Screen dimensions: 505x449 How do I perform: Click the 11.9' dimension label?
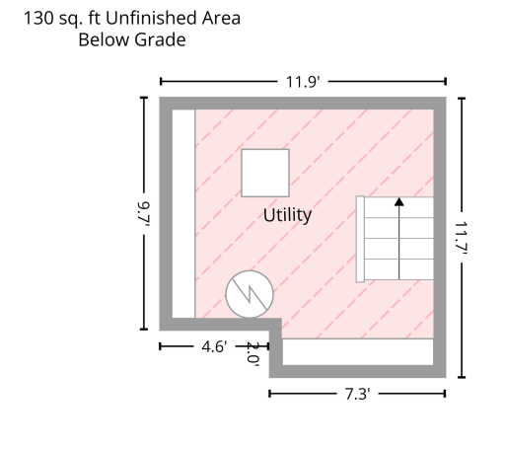tap(303, 82)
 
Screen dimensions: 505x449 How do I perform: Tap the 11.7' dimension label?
tap(462, 238)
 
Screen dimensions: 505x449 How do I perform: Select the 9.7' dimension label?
tap(144, 214)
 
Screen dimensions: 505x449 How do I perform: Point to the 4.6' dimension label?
tap(214, 346)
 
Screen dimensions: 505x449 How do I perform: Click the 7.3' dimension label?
tap(357, 394)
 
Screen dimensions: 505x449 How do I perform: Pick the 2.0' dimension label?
tap(252, 354)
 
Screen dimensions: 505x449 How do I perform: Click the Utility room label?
tap(287, 215)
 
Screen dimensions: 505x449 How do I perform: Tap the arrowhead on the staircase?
tap(399, 201)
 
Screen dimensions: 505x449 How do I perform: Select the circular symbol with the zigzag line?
tap(250, 294)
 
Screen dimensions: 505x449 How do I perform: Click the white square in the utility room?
tap(265, 173)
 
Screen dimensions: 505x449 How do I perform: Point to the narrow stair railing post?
tap(360, 239)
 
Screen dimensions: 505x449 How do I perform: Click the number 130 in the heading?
tap(38, 19)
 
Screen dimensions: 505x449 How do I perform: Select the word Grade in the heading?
tap(160, 39)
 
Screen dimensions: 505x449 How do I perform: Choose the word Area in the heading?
tap(221, 18)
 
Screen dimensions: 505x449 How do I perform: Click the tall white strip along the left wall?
tap(183, 214)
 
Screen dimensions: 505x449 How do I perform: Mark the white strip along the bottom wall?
tap(358, 352)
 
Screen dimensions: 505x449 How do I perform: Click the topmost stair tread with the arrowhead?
tap(399, 207)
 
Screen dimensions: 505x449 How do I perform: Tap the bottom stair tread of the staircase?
tap(399, 269)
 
